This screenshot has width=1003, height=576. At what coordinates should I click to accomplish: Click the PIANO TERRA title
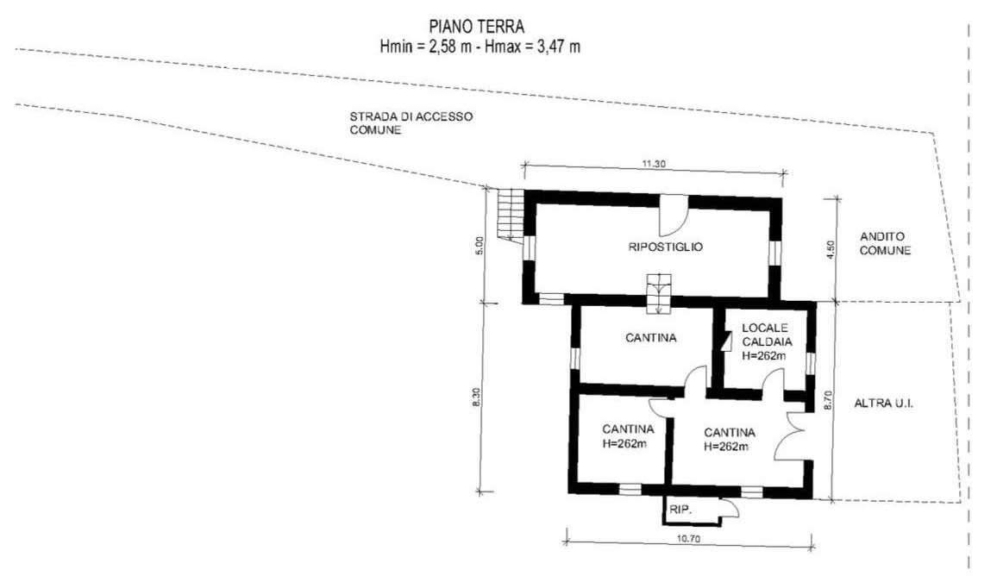click(477, 27)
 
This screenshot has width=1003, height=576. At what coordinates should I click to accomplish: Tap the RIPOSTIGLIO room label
click(666, 247)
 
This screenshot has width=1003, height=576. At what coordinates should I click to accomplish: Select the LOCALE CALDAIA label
click(767, 335)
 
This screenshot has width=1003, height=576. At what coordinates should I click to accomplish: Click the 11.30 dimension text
click(654, 164)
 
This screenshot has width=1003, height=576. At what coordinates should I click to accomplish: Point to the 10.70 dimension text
click(688, 539)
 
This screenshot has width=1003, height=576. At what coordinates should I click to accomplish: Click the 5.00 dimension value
click(480, 246)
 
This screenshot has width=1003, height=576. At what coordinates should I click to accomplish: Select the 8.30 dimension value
click(476, 398)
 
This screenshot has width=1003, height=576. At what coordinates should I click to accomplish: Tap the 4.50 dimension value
click(831, 250)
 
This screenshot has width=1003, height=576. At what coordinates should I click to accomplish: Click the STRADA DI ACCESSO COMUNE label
click(411, 123)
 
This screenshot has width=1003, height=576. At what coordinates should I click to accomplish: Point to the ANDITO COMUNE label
click(885, 243)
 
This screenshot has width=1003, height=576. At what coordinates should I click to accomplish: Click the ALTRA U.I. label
click(883, 404)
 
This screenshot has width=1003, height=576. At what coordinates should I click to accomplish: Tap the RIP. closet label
click(680, 510)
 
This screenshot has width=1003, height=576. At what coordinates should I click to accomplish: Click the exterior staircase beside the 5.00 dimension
click(510, 214)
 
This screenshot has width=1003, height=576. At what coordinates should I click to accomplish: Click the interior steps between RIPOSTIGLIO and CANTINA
click(658, 294)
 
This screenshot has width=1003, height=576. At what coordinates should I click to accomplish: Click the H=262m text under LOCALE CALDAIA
click(764, 356)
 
